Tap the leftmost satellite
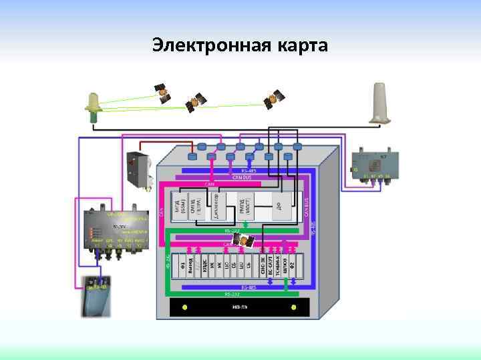(x=161, y=93)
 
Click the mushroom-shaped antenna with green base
(x=94, y=104)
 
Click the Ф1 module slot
(x=182, y=269)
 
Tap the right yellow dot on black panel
(x=293, y=307)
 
